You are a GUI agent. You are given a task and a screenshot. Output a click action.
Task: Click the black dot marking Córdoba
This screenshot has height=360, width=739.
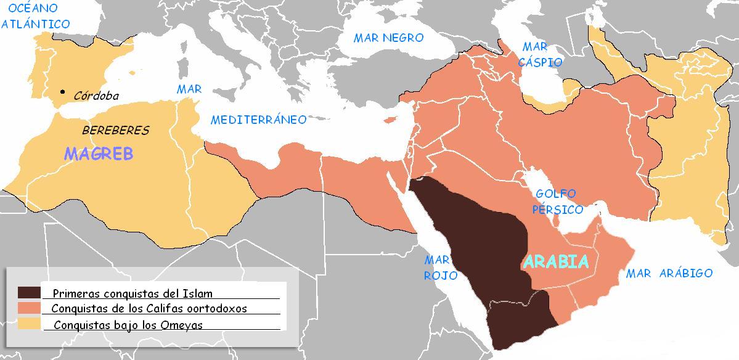click(x=62, y=92)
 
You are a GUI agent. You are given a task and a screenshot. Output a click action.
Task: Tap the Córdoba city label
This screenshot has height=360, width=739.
click(x=96, y=96)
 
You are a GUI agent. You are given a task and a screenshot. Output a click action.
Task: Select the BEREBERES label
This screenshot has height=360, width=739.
click(x=116, y=131)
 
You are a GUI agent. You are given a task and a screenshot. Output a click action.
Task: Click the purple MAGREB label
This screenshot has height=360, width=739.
click(x=99, y=154)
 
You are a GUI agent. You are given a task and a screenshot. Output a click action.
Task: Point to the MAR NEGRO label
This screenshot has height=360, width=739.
click(x=388, y=38)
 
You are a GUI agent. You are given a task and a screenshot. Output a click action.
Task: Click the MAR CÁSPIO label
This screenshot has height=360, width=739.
click(x=539, y=54)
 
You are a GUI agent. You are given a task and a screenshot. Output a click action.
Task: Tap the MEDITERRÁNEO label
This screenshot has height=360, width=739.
click(x=258, y=120)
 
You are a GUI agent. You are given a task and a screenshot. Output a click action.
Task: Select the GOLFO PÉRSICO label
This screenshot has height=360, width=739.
click(x=558, y=202)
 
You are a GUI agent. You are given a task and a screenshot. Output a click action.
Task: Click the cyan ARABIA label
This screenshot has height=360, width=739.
click(x=556, y=262)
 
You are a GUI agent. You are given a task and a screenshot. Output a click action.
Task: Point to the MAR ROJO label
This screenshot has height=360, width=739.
click(x=440, y=269)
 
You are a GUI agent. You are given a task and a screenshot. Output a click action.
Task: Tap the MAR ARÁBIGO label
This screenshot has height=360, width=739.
click(x=669, y=273)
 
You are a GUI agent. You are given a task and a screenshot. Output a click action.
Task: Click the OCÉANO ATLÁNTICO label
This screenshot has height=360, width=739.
click(x=35, y=16)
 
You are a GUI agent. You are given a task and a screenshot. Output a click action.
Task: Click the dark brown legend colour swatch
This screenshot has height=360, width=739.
click(x=30, y=293)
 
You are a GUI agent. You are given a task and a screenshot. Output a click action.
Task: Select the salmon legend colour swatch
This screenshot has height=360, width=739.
click(x=30, y=308)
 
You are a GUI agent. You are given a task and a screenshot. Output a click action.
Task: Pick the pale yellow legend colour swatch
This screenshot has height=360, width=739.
click(x=30, y=323)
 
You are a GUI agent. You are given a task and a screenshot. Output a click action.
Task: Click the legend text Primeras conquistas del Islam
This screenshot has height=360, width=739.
click(x=133, y=293)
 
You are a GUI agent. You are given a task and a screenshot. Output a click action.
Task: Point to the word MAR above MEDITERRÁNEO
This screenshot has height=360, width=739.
click(x=189, y=89)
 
